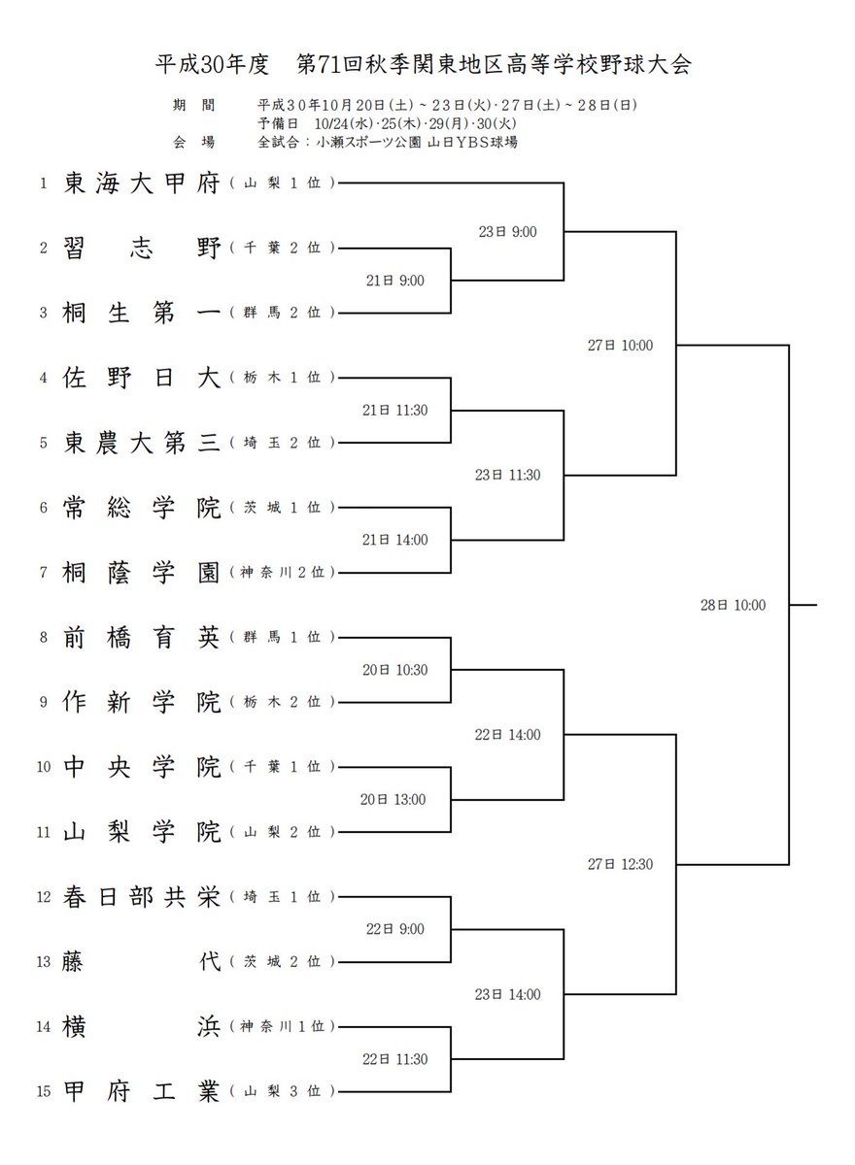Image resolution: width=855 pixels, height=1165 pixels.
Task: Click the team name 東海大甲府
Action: pyautogui.click(x=143, y=183)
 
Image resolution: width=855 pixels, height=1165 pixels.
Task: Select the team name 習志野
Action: pyautogui.click(x=143, y=248)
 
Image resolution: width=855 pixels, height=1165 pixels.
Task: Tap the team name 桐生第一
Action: pyautogui.click(x=143, y=313)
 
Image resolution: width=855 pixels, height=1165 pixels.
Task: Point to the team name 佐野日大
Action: pyautogui.click(x=143, y=377)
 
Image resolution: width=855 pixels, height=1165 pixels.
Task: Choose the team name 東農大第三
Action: pyautogui.click(x=143, y=442)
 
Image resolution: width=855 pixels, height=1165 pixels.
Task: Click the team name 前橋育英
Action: pyautogui.click(x=143, y=637)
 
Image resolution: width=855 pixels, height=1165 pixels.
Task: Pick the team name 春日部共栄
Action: pyautogui.click(x=143, y=897)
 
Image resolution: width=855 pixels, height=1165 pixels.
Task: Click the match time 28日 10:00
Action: pyautogui.click(x=733, y=605)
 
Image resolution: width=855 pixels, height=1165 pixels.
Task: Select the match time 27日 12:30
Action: pyautogui.click(x=620, y=864)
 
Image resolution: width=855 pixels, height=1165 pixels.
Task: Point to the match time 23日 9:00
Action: pyautogui.click(x=507, y=231)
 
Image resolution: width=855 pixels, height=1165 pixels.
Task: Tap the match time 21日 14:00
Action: pyautogui.click(x=393, y=540)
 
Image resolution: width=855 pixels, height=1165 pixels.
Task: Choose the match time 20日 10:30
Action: pyautogui.click(x=393, y=670)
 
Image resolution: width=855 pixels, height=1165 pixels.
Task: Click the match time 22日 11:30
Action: pyautogui.click(x=393, y=1059)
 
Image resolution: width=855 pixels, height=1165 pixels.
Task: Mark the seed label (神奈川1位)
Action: pyautogui.click(x=283, y=1027)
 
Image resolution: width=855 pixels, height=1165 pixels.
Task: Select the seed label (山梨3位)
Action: pyautogui.click(x=283, y=1092)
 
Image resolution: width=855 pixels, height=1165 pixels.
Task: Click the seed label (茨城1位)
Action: pyautogui.click(x=283, y=507)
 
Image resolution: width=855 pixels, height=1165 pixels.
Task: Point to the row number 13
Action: pyautogui.click(x=43, y=962)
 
